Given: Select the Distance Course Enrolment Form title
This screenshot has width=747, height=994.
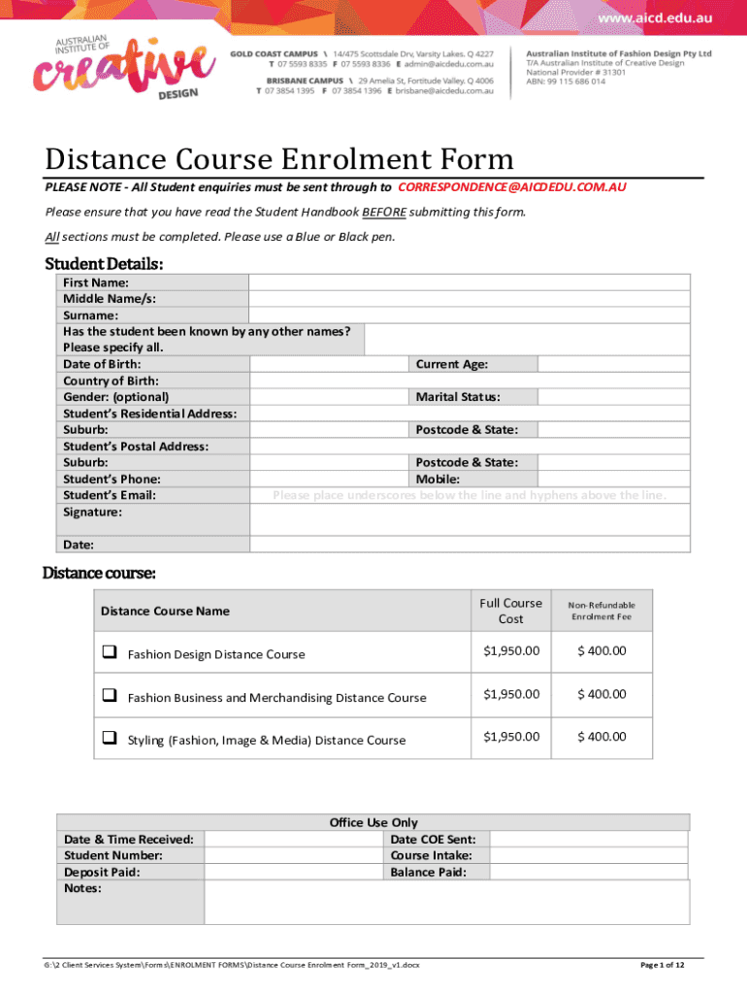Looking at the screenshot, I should [279, 158].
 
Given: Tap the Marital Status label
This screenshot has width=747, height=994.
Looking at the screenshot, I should [458, 397].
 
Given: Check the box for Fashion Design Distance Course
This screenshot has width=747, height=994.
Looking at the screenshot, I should [110, 652].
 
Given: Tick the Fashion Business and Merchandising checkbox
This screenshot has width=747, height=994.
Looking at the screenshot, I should [110, 696].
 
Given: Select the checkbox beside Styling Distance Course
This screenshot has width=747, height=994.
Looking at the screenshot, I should [110, 739].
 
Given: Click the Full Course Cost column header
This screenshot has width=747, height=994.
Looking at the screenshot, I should [510, 611].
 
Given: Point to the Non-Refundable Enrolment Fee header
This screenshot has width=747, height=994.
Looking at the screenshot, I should [601, 611].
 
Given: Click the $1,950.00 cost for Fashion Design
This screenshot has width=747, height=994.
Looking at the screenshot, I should [510, 651].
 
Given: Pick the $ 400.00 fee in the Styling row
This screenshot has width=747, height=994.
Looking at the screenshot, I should [601, 737].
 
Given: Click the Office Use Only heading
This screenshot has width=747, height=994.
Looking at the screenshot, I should [373, 822].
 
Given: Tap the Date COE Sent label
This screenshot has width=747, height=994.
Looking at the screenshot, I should [438, 839].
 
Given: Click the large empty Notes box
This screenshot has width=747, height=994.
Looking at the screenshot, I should [446, 903].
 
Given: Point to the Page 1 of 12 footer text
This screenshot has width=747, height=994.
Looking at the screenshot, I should [663, 965].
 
